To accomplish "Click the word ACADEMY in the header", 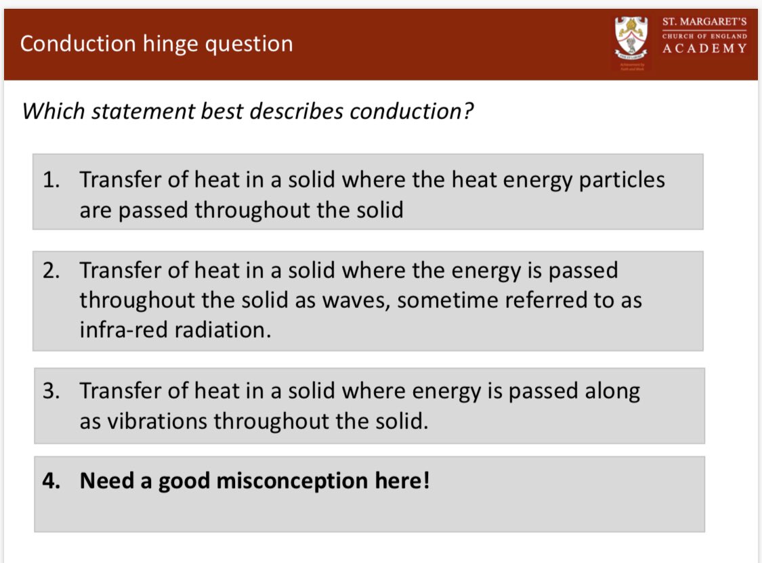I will (x=704, y=49).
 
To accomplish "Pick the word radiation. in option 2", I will (x=224, y=331).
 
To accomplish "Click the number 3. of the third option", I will (x=53, y=391).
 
